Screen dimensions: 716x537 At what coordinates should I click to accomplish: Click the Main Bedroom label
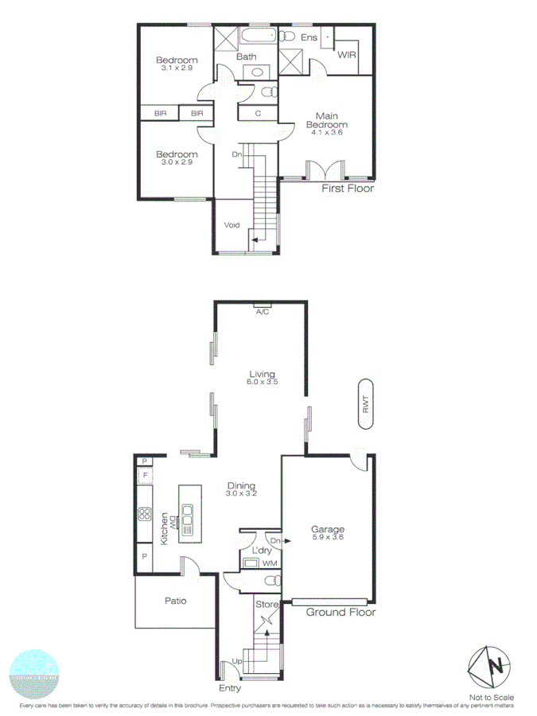(x=328, y=120)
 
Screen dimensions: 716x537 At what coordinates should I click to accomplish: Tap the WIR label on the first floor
(x=346, y=56)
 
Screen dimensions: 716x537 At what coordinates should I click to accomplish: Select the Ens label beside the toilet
(x=309, y=37)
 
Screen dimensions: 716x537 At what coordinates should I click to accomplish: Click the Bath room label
(x=246, y=56)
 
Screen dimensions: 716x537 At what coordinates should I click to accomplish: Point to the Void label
(x=232, y=225)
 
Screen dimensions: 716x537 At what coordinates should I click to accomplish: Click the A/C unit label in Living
(x=262, y=312)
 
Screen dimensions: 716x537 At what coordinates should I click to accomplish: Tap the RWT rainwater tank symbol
(x=366, y=407)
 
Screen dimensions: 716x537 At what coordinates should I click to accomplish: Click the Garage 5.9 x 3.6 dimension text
(x=327, y=537)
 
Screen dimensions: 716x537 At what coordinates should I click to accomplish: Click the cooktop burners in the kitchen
(x=145, y=513)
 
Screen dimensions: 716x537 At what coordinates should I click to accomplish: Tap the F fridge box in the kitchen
(x=145, y=477)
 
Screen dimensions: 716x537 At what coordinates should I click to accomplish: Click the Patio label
(x=175, y=601)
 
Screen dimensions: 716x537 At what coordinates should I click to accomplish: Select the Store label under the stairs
(x=267, y=605)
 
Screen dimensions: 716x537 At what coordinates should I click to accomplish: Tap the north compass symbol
(x=488, y=666)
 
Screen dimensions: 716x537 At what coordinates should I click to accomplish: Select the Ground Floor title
(x=340, y=612)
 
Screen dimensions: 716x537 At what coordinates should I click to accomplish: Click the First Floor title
(x=347, y=189)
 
